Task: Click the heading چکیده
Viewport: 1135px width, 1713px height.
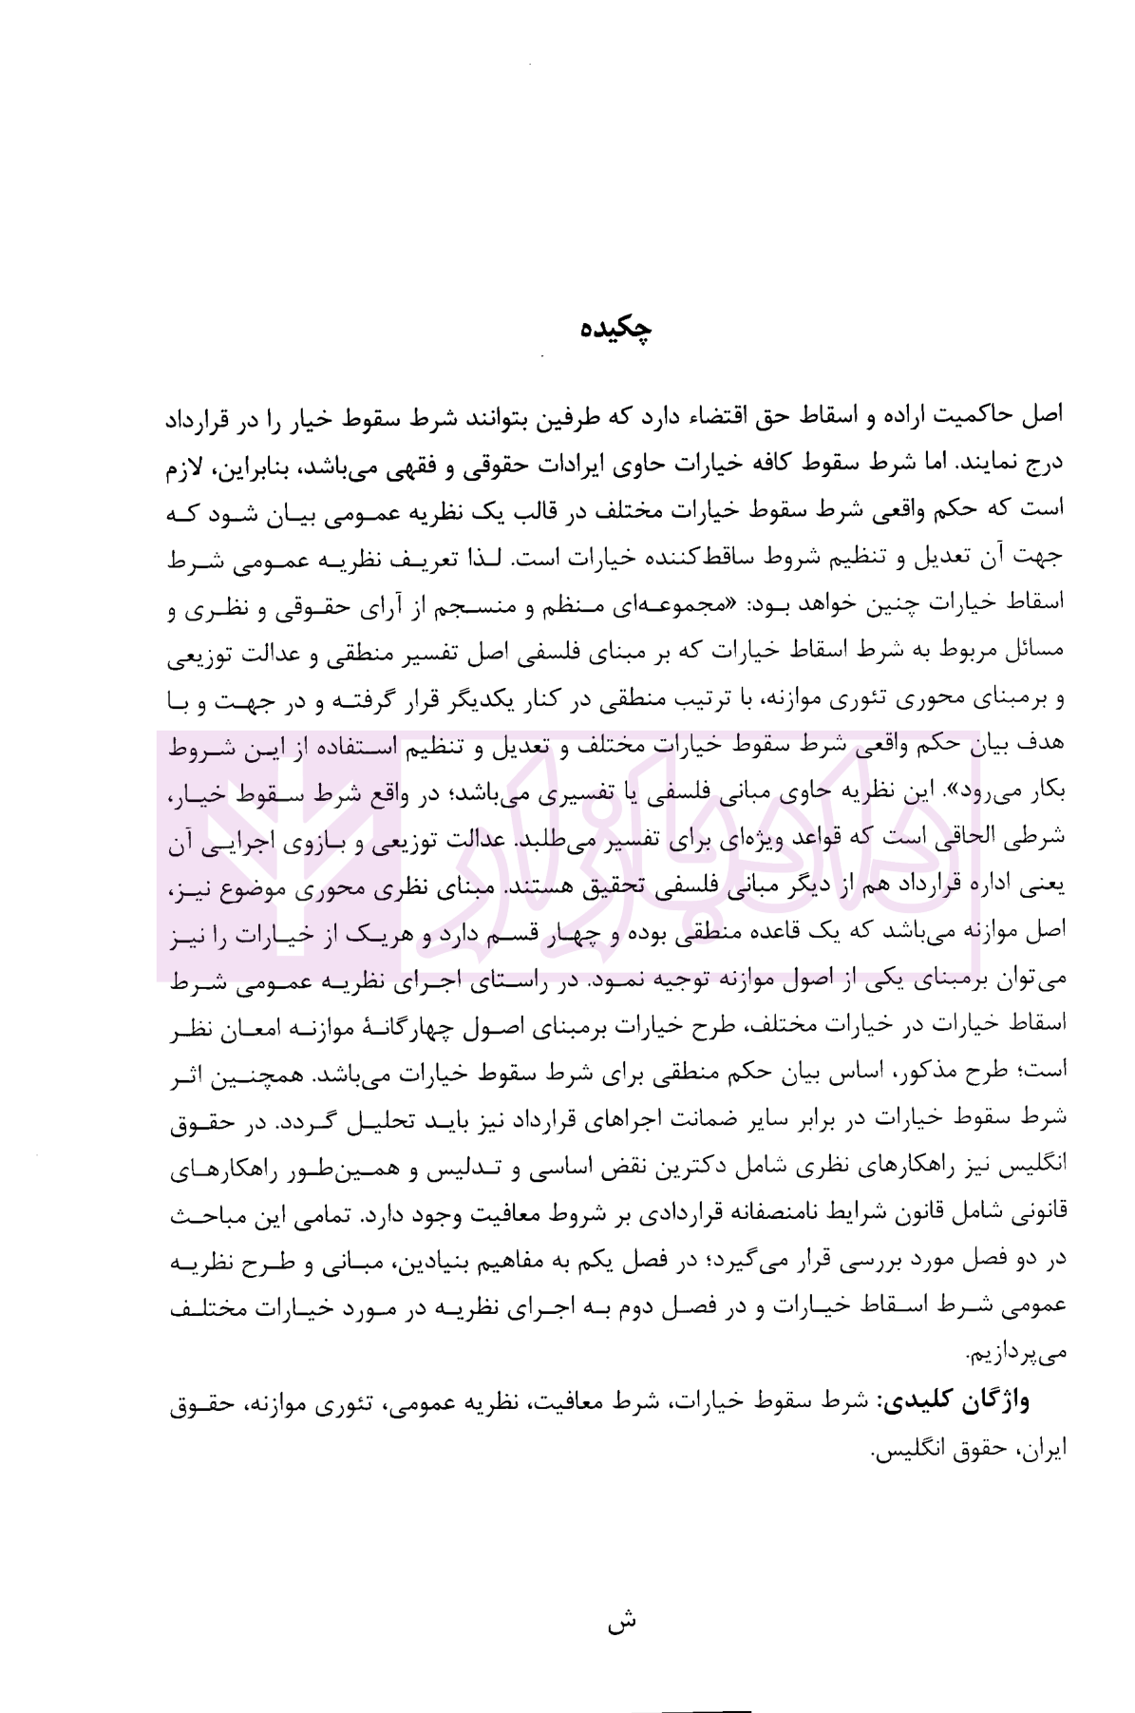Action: pos(616,329)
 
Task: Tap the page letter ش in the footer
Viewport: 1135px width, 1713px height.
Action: pos(621,1619)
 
